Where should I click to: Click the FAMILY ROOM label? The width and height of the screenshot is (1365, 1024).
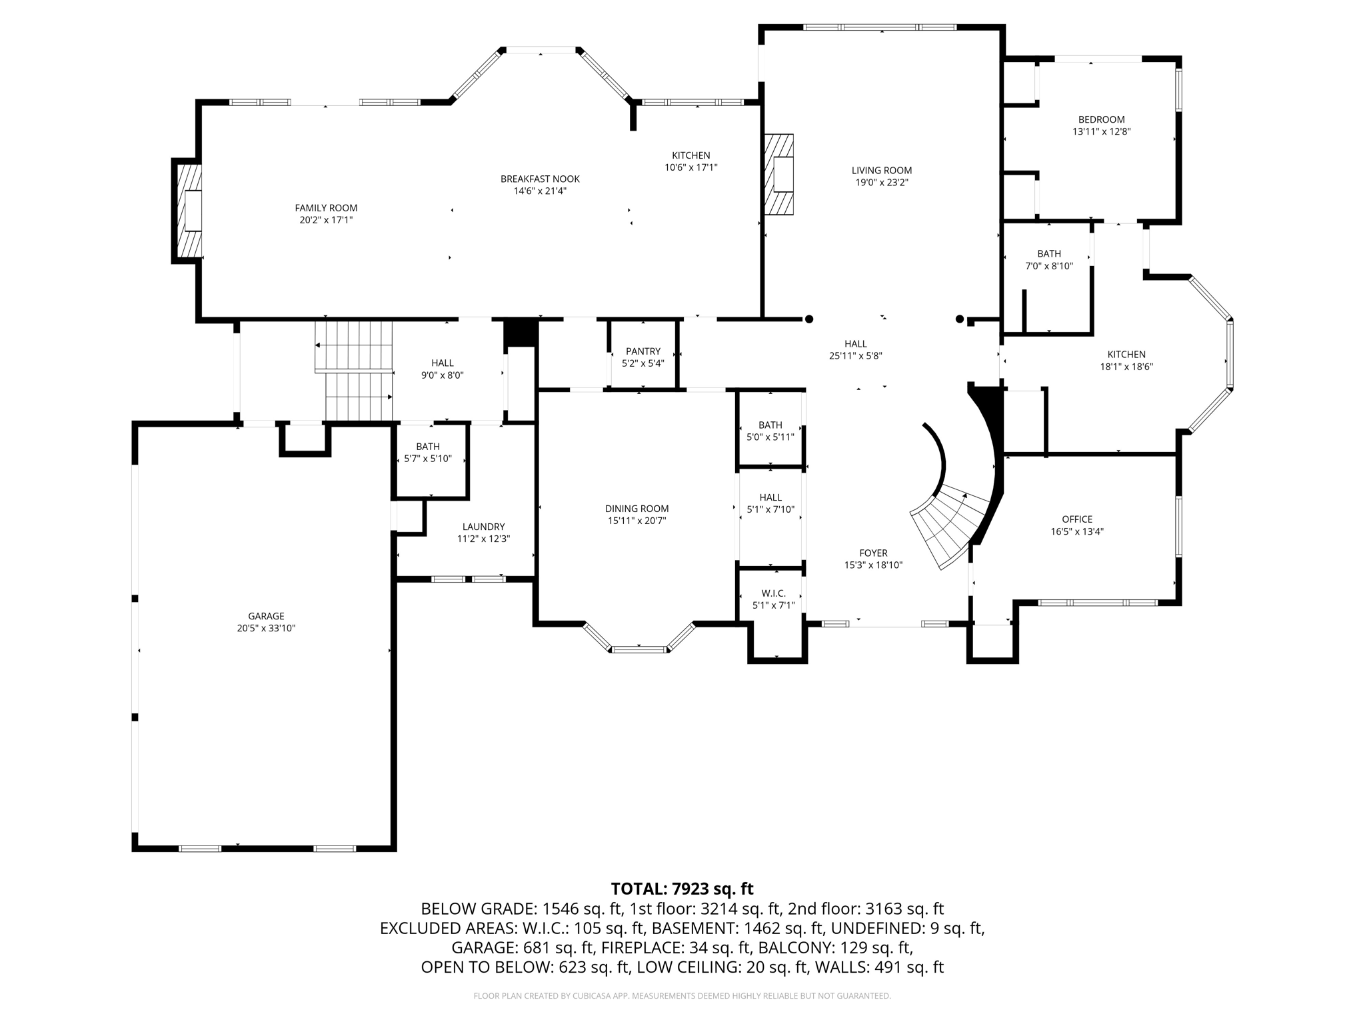326,208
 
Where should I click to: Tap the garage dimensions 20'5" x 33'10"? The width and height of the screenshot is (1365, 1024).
266,628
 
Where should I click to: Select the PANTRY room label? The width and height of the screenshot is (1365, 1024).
643,351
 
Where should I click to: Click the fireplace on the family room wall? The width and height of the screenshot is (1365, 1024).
187,211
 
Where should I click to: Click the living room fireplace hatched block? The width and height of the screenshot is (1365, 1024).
778,175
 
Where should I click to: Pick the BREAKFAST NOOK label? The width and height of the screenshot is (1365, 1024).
540,179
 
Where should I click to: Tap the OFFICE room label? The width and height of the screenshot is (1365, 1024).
1077,519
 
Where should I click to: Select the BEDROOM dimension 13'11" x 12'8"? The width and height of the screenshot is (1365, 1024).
1101,132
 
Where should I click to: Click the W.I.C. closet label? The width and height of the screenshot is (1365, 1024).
773,593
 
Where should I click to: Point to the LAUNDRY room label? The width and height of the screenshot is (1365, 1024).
483,527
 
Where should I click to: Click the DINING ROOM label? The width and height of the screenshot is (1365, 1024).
637,509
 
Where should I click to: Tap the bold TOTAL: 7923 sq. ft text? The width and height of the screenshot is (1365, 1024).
682,889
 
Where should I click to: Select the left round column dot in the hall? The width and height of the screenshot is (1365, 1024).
809,319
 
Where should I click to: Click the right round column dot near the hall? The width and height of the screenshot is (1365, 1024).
959,319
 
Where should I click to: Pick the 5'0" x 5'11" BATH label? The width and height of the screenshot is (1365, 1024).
770,437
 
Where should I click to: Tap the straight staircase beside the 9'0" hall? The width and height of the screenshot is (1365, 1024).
354,370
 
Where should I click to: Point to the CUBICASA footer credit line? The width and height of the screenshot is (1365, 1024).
682,996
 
